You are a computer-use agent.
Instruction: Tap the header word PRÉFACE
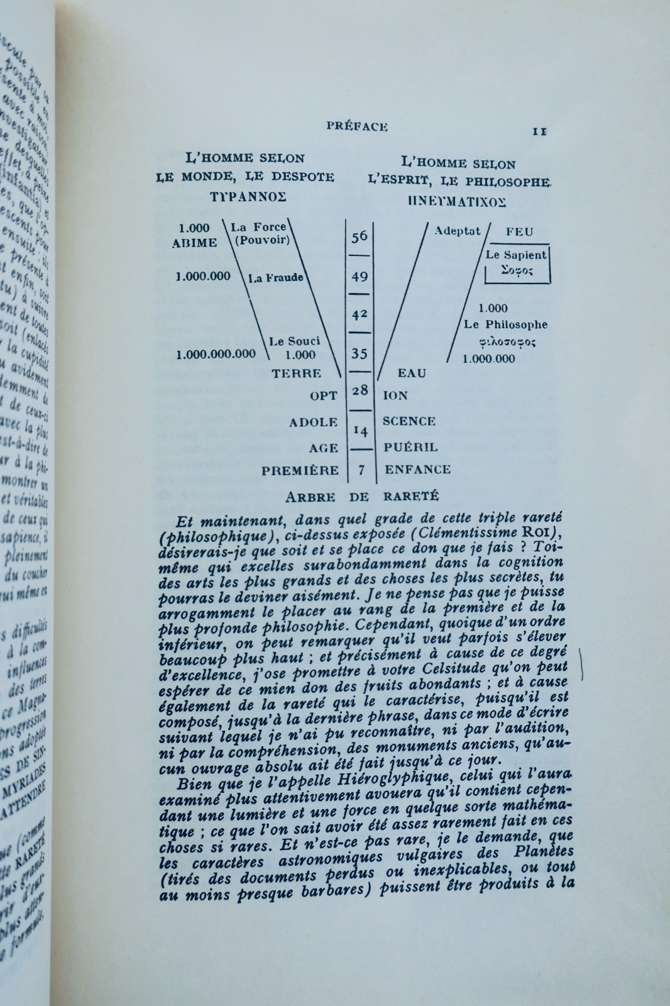point(357,126)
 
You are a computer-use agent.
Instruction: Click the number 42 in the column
point(360,313)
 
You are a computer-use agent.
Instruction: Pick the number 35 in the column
point(360,353)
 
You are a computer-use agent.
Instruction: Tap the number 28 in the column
point(360,390)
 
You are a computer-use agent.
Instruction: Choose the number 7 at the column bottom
point(360,469)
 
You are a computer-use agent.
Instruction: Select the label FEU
point(519,231)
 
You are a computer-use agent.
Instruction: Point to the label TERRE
point(296,373)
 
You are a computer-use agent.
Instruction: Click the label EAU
point(412,373)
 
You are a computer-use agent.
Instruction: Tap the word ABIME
point(195,243)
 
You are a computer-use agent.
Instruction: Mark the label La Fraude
point(276,277)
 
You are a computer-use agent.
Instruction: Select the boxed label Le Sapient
point(516,255)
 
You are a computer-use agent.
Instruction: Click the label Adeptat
point(457,231)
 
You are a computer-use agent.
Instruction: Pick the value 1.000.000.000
point(216,353)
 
